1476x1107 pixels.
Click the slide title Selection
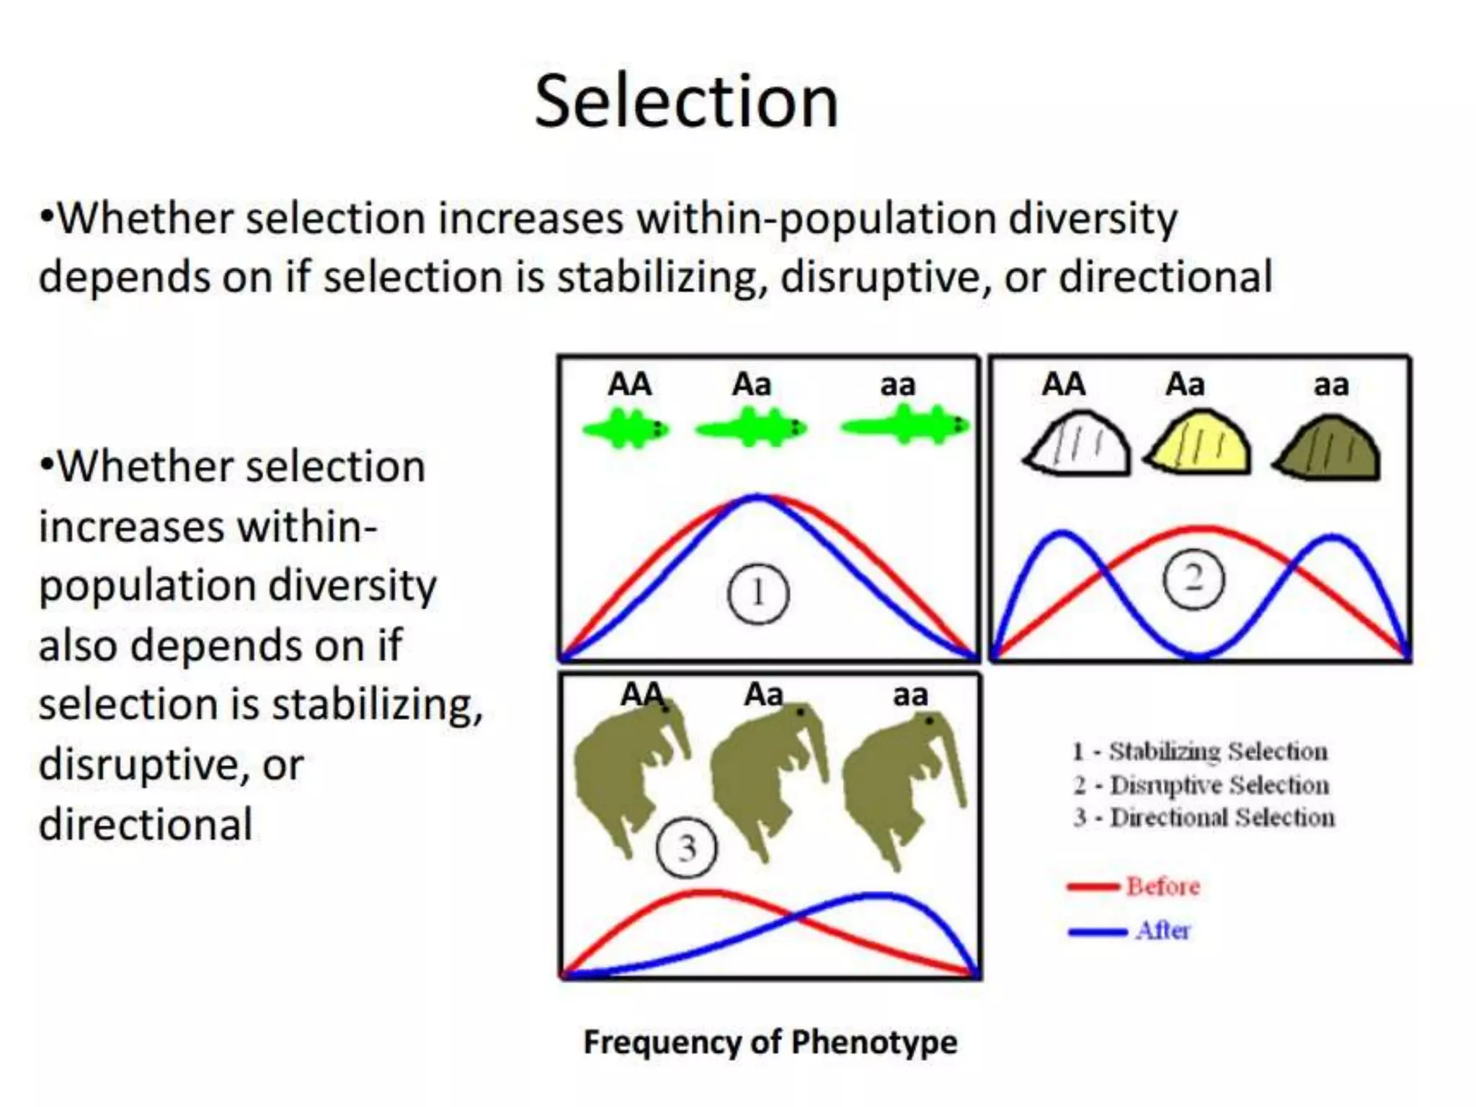click(x=686, y=102)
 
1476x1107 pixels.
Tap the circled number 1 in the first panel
click(x=758, y=595)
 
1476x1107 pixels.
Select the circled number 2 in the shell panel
click(x=1193, y=579)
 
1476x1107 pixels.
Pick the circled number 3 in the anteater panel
click(x=686, y=848)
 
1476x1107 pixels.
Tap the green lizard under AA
click(x=626, y=429)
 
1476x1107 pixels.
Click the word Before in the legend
click(x=1162, y=886)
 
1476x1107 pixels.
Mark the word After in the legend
click(x=1162, y=930)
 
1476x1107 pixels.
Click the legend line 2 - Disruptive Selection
click(x=1201, y=785)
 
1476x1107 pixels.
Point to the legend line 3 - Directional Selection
click(x=1204, y=818)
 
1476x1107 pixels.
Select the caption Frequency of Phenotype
click(x=770, y=1042)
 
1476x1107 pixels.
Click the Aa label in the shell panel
click(x=1185, y=385)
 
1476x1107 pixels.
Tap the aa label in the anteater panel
click(x=910, y=695)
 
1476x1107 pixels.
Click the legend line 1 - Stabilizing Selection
click(x=1199, y=752)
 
